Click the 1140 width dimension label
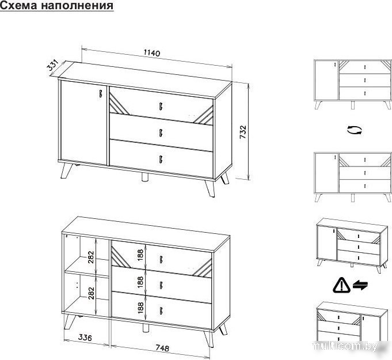[152, 53]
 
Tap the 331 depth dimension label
[52, 65]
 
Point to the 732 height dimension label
[243, 132]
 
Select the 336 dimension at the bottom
[85, 337]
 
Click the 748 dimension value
[162, 348]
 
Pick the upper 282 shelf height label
[91, 257]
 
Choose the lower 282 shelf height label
[92, 293]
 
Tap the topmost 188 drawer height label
[140, 255]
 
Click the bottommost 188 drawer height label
[141, 308]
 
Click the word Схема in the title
[18, 5]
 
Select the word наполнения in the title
[77, 5]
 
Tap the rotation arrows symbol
[355, 130]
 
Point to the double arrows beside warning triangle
[360, 285]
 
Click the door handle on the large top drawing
[101, 93]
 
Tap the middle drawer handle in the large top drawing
[161, 133]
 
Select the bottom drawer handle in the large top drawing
[161, 159]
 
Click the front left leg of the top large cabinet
[66, 170]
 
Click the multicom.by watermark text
[345, 346]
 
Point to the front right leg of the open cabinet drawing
[209, 339]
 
